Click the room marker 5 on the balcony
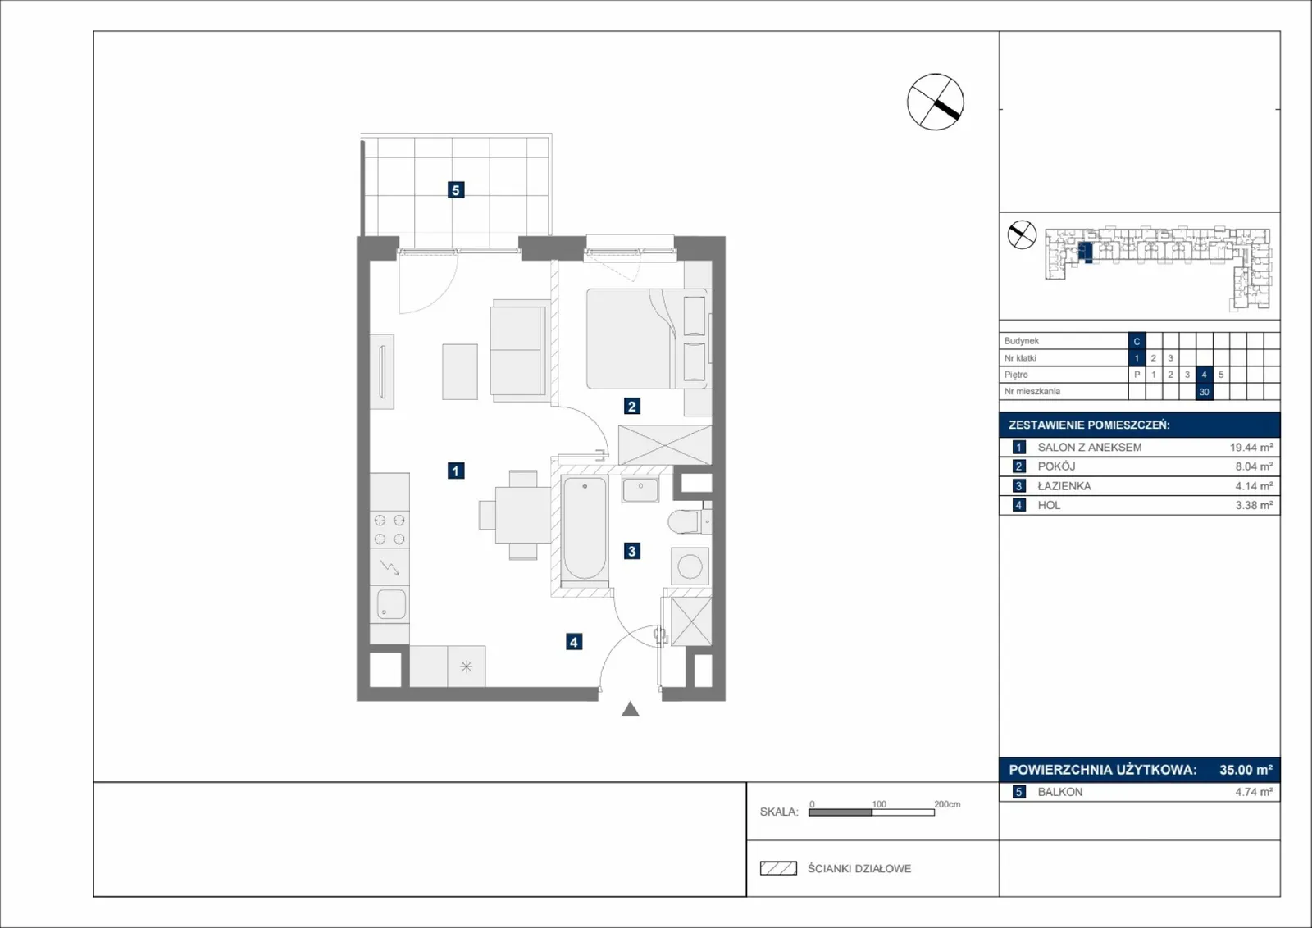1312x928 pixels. (456, 189)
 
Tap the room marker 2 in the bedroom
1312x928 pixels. (631, 406)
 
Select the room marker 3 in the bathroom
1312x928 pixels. (631, 551)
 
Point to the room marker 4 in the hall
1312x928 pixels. (574, 642)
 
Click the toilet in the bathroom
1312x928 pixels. (690, 521)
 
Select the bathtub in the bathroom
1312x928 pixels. (584, 530)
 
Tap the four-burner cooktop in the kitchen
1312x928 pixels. (389, 529)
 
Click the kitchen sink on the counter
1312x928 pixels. (390, 603)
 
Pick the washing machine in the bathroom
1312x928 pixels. (690, 566)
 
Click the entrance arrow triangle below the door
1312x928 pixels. (631, 709)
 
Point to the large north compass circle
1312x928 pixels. (936, 102)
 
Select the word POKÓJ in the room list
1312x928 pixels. (1057, 466)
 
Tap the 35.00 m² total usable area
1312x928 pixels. (1246, 769)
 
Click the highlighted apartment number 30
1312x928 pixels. (1205, 392)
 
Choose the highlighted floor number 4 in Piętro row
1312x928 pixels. (1205, 375)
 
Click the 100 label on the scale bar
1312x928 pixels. (878, 804)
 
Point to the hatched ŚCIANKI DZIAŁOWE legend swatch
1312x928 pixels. (778, 868)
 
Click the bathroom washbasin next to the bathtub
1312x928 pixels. (640, 490)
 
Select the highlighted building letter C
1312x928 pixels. (1137, 341)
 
